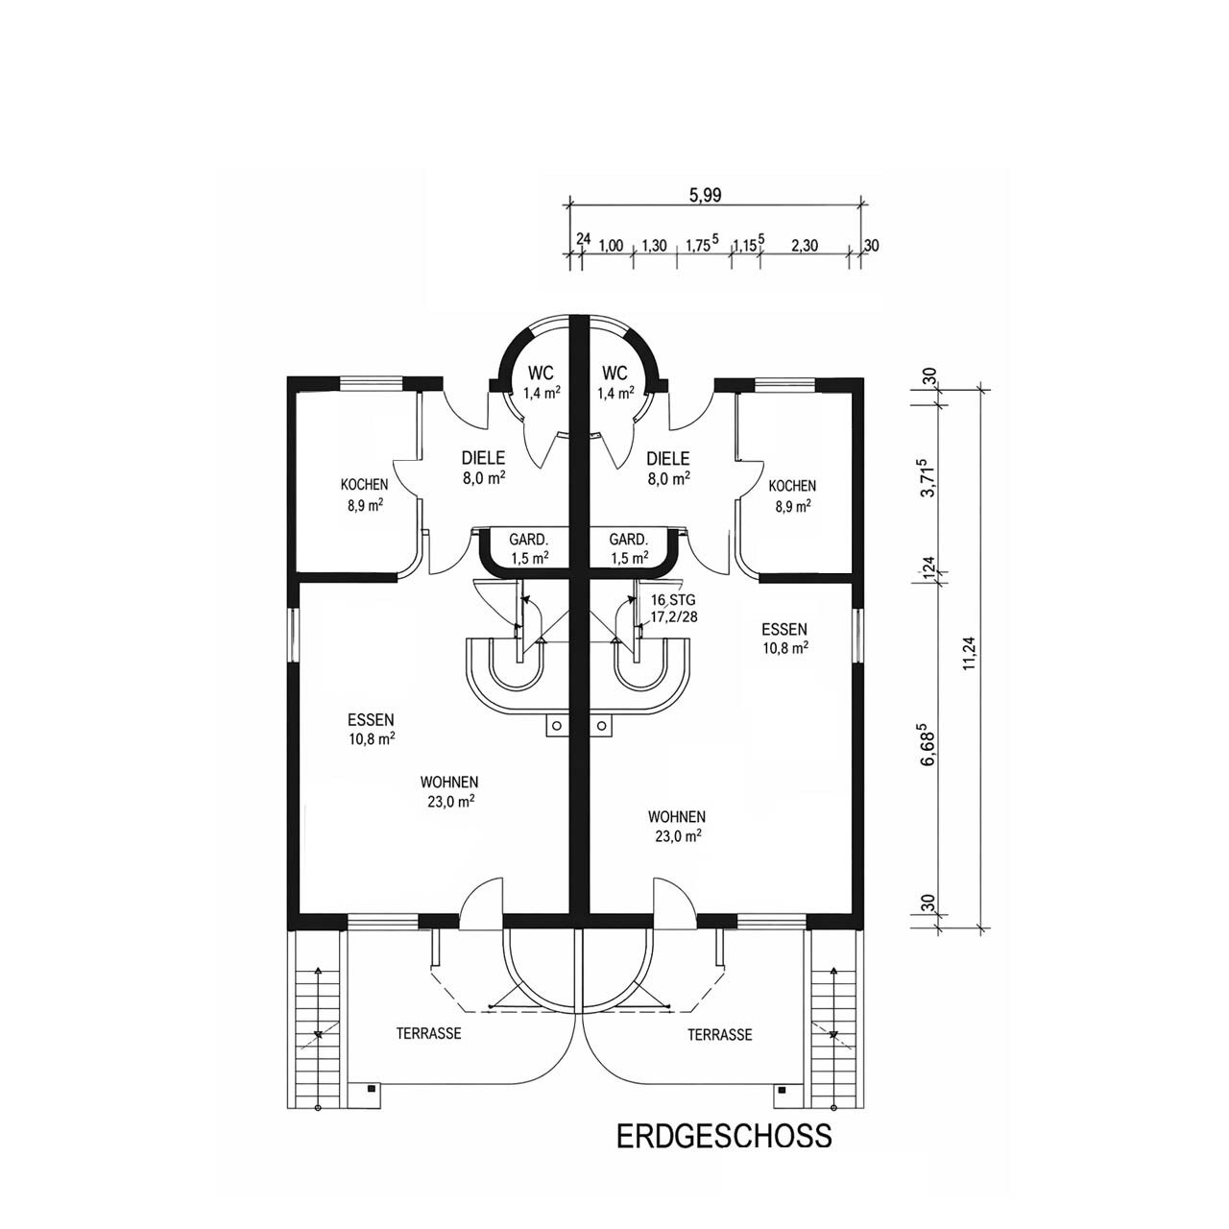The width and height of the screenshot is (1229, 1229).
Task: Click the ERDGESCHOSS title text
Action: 723,1136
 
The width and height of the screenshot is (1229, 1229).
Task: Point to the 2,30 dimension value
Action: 804,246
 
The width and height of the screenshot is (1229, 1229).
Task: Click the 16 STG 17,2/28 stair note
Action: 673,609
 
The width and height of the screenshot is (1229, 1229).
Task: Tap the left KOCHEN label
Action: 365,494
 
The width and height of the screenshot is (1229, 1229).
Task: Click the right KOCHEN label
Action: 792,494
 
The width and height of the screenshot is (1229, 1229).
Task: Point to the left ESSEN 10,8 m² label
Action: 372,729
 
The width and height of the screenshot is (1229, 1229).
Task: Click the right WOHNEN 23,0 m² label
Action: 677,826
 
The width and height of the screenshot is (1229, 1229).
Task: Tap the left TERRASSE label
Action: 429,1034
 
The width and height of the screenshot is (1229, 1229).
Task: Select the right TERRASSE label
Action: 720,1034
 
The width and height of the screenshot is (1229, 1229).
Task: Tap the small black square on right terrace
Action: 782,1090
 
